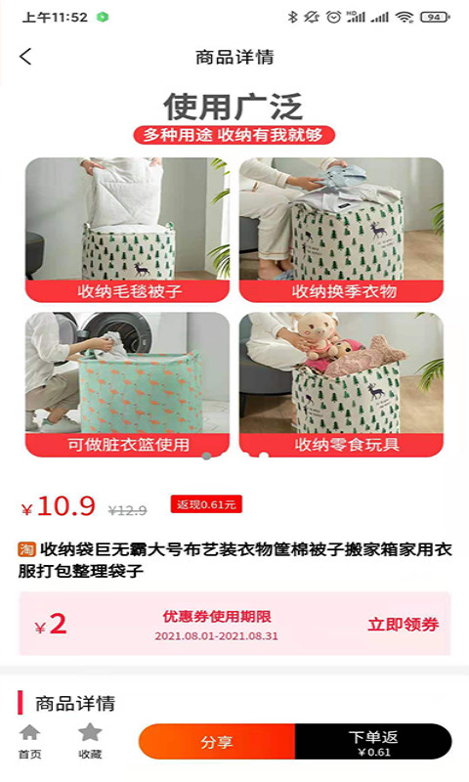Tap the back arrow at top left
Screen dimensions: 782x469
25,57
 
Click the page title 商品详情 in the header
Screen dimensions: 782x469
234,57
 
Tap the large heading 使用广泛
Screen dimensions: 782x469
234,106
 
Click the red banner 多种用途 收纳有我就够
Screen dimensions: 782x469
234,135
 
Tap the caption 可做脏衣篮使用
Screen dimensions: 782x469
128,445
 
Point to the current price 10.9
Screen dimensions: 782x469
66,506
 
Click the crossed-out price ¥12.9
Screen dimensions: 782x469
127,510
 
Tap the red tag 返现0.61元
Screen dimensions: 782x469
205,504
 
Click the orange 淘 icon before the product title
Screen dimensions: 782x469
27,549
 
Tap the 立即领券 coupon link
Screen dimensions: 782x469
403,625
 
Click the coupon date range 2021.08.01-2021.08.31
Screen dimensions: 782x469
217,636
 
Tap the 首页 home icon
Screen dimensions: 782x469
30,732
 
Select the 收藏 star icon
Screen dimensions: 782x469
90,732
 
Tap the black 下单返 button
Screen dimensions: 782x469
373,742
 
